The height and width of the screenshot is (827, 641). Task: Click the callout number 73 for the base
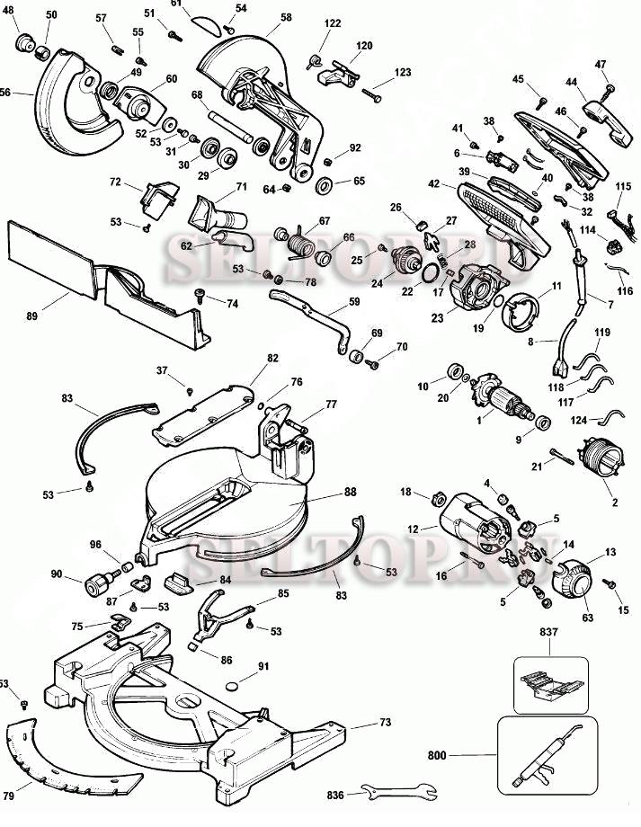385,724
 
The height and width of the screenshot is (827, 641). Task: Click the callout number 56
6,92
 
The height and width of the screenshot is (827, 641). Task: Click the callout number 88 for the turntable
350,492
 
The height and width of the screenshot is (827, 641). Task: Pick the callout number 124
582,419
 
